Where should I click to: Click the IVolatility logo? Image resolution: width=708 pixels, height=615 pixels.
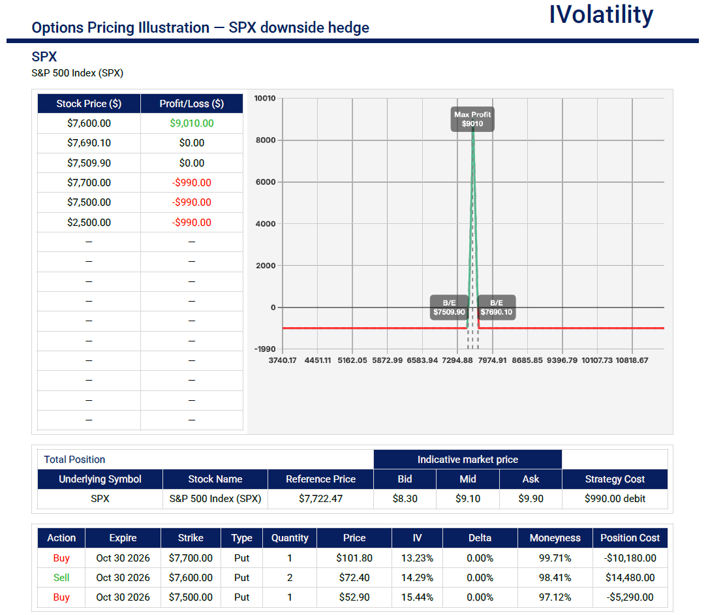(x=601, y=15)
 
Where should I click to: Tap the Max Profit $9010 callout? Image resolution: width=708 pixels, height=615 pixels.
(x=472, y=119)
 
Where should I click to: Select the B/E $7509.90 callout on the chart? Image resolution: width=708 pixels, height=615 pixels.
(x=450, y=307)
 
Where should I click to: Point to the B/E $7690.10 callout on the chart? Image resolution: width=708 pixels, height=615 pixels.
(x=496, y=307)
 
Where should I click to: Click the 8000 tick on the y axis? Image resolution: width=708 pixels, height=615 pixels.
(x=266, y=140)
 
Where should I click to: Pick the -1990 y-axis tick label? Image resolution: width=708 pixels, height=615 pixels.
(x=264, y=349)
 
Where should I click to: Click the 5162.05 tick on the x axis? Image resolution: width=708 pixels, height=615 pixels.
(x=352, y=360)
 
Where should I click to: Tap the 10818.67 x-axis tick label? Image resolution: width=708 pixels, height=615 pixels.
(x=632, y=360)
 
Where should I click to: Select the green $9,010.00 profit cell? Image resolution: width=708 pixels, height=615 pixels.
(x=192, y=123)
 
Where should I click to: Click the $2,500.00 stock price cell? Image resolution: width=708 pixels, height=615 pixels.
(x=89, y=223)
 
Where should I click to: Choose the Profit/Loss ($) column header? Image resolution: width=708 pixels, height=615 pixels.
(x=192, y=103)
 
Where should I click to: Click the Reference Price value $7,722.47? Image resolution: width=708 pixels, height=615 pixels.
(x=320, y=498)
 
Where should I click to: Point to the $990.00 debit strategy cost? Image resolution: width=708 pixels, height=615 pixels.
(x=615, y=498)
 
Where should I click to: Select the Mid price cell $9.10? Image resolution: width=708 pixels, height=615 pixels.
(x=468, y=498)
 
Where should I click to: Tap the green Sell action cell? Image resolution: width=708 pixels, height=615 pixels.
(x=61, y=578)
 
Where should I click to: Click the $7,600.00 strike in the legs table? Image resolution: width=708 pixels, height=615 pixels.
(x=191, y=578)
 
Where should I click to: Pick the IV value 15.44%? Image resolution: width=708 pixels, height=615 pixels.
(x=417, y=597)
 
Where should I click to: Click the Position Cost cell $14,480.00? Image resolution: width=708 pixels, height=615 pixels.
(x=630, y=578)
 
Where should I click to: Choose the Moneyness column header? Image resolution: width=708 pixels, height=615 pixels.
(x=555, y=538)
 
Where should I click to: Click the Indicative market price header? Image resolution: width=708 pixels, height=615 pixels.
(x=468, y=460)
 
